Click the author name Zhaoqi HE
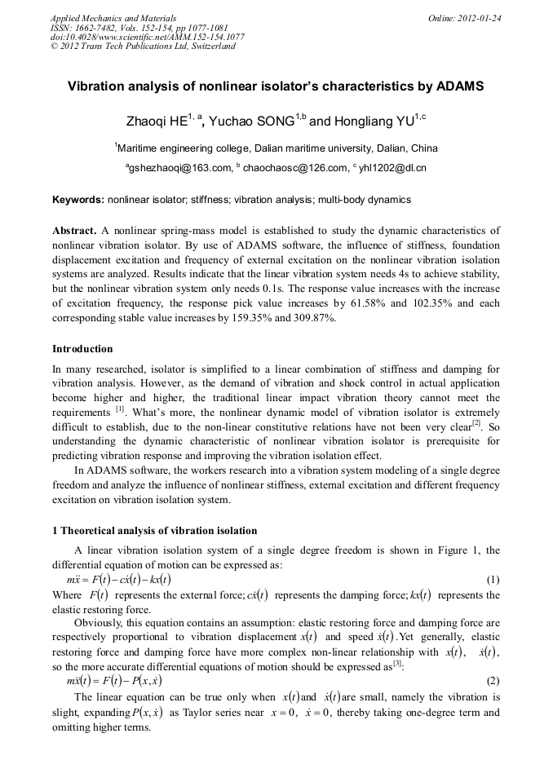(157, 121)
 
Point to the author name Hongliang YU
(373, 121)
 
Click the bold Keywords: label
(78, 200)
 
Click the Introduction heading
(82, 349)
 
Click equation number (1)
(493, 580)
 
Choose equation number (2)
(493, 680)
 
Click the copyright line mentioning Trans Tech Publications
(143, 46)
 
